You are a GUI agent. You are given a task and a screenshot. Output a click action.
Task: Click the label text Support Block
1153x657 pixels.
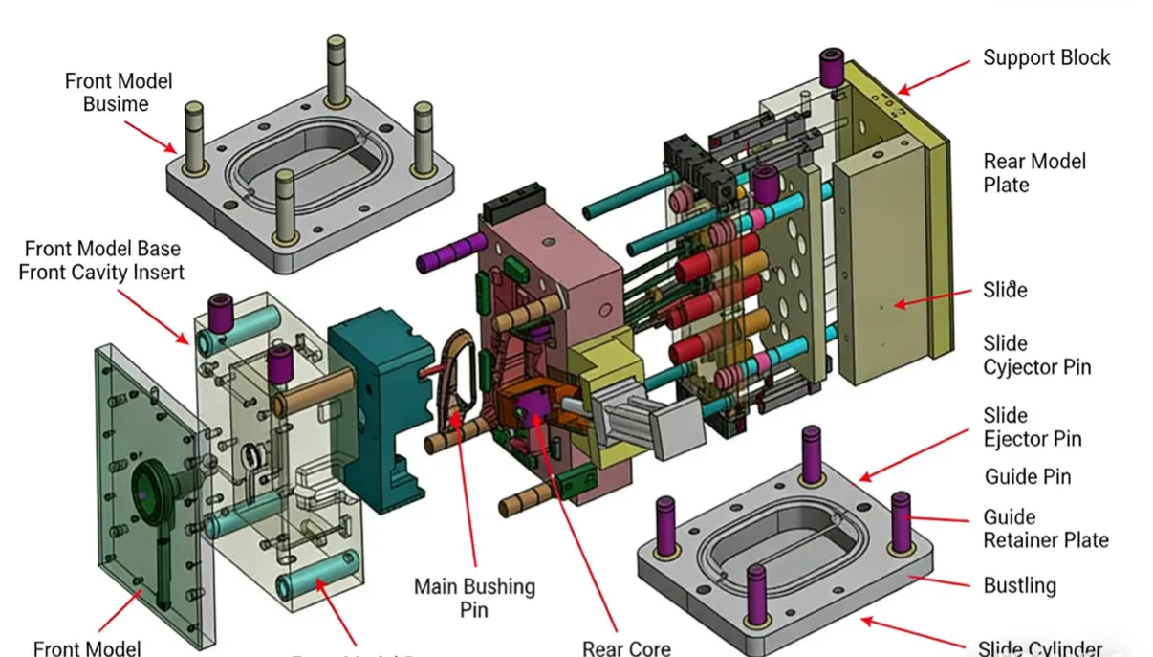coord(1046,57)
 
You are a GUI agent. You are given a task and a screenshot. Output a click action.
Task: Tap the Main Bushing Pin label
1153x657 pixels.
coord(474,597)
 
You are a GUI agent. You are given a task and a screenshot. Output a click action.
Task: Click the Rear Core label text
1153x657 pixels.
coord(626,647)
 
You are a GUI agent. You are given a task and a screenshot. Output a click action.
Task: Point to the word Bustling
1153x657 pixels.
coord(1019,585)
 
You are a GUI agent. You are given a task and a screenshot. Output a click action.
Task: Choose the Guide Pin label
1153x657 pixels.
coord(1027,476)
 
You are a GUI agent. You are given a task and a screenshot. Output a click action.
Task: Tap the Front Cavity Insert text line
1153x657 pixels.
coord(101,272)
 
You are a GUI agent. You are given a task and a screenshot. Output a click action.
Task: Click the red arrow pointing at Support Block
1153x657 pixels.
coord(933,77)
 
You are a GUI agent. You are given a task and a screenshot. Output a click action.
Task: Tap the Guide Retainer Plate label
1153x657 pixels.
coord(1045,529)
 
